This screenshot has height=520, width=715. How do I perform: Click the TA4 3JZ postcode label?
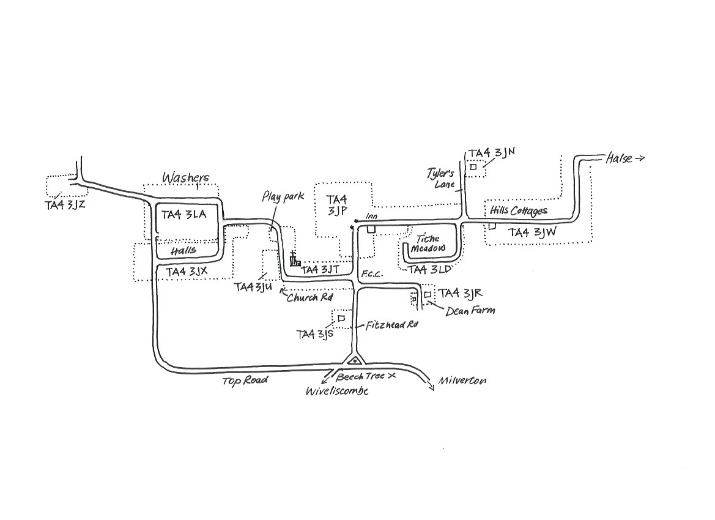65,206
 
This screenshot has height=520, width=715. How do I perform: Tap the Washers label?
186,178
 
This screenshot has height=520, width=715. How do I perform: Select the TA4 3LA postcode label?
183,215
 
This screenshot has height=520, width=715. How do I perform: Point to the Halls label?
183,250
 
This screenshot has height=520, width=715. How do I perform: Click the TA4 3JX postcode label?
187,272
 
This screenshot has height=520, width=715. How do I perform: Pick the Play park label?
283,197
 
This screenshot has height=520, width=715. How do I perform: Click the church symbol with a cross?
295,259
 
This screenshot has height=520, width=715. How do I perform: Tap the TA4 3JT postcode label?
320,270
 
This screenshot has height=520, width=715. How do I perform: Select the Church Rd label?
309,298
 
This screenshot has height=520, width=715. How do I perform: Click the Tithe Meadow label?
428,243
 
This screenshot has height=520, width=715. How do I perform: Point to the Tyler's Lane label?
442,179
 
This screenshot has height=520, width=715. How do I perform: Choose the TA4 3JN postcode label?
492,154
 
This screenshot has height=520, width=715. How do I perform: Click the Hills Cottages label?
519,210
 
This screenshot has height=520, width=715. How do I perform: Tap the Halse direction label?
625,158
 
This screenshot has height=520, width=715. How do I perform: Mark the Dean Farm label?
470,311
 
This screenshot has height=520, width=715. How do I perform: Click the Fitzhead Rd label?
391,325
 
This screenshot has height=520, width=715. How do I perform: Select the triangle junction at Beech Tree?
355,360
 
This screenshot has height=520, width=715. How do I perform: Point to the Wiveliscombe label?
337,391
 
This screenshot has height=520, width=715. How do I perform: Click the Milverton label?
462,381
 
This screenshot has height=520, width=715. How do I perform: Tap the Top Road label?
245,381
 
